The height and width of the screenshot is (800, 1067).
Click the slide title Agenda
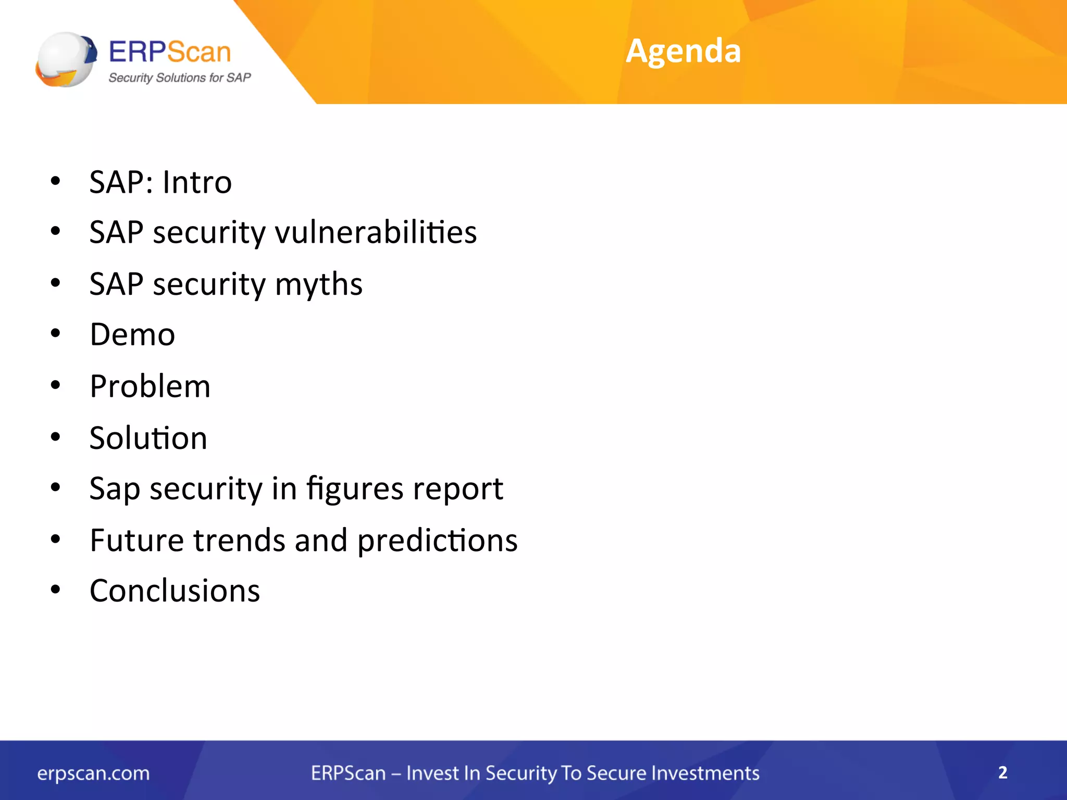(x=683, y=51)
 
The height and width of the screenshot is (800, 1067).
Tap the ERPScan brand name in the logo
(x=169, y=52)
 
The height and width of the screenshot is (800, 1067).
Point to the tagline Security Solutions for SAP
(x=179, y=78)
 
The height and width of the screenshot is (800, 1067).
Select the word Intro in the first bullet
(x=197, y=182)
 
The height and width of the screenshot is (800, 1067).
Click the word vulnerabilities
(x=376, y=232)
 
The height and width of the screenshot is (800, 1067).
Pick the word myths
(x=318, y=284)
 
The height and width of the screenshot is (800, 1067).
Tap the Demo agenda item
(x=132, y=334)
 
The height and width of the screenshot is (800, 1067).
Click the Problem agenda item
(x=150, y=386)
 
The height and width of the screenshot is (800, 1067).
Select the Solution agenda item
(x=148, y=438)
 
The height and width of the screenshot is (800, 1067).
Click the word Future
(x=137, y=540)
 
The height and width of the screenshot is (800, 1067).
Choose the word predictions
(x=437, y=540)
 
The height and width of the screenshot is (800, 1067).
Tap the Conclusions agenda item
(x=175, y=591)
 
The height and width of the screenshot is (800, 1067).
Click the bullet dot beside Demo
(x=56, y=334)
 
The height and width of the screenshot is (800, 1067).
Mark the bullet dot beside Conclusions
(x=56, y=591)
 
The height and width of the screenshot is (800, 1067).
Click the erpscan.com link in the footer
(x=93, y=773)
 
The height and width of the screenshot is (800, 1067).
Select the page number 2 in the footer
(x=1002, y=772)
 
